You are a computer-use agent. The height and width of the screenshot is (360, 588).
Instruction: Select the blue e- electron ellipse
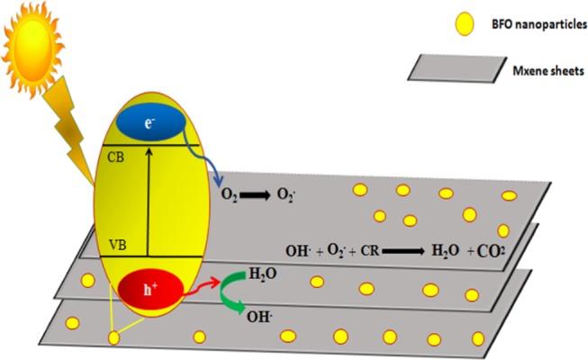149,122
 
